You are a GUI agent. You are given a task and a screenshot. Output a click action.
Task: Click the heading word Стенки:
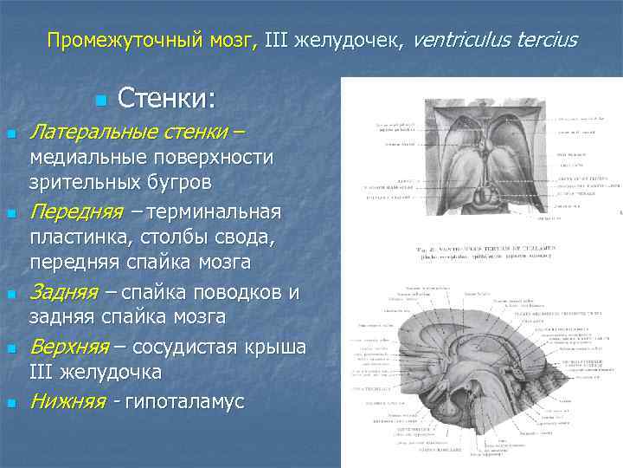pos(165,98)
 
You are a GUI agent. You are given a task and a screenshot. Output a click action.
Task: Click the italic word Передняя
pos(71,211)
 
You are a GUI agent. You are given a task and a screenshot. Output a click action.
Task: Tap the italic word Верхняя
pos(68,348)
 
